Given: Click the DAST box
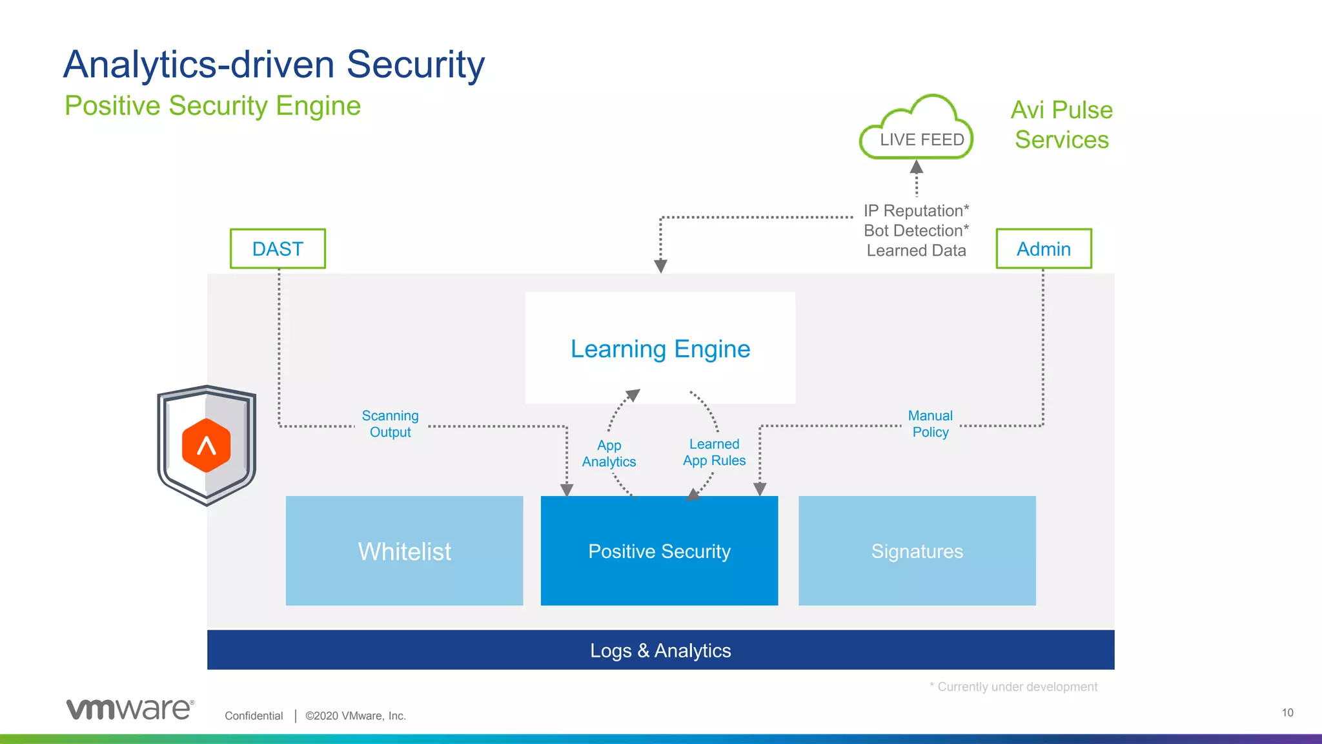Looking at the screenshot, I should [x=278, y=249].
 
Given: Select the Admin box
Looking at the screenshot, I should [x=1043, y=249].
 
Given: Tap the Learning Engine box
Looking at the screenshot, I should [x=660, y=348].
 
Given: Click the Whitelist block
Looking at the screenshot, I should [x=404, y=551].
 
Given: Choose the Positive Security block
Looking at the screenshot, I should [x=659, y=551].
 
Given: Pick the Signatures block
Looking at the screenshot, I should [x=917, y=551].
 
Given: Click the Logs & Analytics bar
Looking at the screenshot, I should [x=660, y=650].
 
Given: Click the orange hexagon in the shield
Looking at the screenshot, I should [x=207, y=445].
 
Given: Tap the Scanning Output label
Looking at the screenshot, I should [x=390, y=424].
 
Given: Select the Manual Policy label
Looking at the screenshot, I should [x=930, y=424].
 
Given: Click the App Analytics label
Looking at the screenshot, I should [x=609, y=453].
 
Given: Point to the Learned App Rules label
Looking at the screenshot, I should [x=714, y=452].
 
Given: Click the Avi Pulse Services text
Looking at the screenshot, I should [x=1061, y=125].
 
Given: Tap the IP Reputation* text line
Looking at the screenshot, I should [x=916, y=211].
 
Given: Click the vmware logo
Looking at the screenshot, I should [x=129, y=708].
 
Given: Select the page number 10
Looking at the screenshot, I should [x=1287, y=712].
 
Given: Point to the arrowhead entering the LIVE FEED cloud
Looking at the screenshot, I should [x=916, y=167].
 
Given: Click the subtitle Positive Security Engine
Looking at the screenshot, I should [x=212, y=106].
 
